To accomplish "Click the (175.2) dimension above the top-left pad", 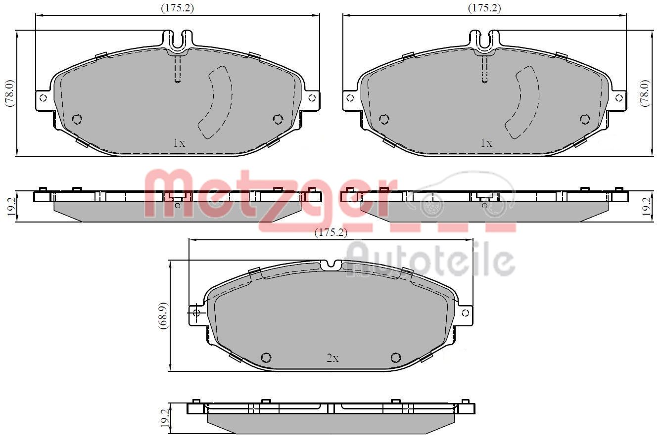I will tap(177, 8).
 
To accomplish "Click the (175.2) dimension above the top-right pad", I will tap(484, 8).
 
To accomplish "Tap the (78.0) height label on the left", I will tap(9, 93).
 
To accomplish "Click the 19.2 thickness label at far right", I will tap(645, 206).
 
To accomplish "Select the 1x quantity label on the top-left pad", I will tap(179, 143).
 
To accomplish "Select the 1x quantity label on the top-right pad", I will tap(486, 143).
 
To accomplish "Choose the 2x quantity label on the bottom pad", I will tap(332, 358).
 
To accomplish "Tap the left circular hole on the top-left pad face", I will tap(77, 119).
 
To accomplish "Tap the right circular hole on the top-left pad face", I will tap(278, 119).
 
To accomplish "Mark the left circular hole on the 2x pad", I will tap(266, 357).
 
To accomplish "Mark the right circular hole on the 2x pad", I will tap(395, 357).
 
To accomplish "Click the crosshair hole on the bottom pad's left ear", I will tap(195, 312).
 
